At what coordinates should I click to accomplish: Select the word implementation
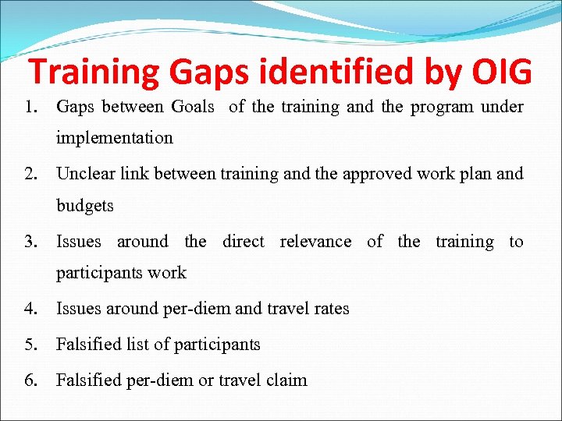(x=114, y=138)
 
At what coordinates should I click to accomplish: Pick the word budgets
(x=84, y=206)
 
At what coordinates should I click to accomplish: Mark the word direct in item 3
(x=243, y=242)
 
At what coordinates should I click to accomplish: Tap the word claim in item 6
(x=286, y=380)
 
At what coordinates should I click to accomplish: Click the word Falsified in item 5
(x=91, y=345)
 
